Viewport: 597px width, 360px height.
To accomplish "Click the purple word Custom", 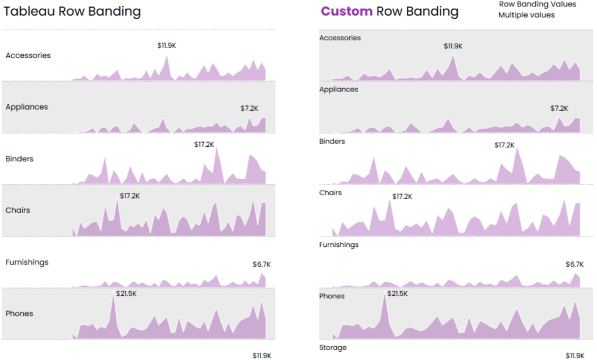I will pyautogui.click(x=346, y=11).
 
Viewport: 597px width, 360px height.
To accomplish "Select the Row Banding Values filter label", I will pyautogui.click(x=537, y=4).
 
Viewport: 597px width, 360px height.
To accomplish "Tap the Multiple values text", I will pyautogui.click(x=526, y=15).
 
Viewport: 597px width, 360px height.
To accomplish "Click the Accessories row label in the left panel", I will pyautogui.click(x=28, y=55).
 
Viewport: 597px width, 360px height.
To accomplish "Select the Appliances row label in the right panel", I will pyautogui.click(x=339, y=89).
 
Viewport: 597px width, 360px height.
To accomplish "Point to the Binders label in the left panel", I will pyautogui.click(x=19, y=158).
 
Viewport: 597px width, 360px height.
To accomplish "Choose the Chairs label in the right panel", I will pyautogui.click(x=331, y=192).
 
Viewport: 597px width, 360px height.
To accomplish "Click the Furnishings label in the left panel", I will pyautogui.click(x=27, y=262).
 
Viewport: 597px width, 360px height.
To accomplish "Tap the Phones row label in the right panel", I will pyautogui.click(x=332, y=296).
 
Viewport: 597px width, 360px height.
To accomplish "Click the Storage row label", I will pyautogui.click(x=333, y=347).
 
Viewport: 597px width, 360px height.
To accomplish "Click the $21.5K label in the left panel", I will pyautogui.click(x=126, y=294).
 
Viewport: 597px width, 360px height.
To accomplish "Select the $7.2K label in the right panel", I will pyautogui.click(x=559, y=108).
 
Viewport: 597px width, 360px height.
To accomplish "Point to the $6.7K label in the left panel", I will pyautogui.click(x=261, y=264).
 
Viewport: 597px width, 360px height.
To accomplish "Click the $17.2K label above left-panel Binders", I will pyautogui.click(x=204, y=144).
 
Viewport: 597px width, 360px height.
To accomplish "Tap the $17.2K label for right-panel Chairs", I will pyautogui.click(x=402, y=196).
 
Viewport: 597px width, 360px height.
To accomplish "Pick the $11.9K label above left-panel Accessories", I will pyautogui.click(x=167, y=45).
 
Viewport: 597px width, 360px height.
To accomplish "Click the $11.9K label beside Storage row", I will pyautogui.click(x=575, y=355).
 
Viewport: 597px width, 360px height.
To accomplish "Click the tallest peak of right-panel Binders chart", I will pyautogui.click(x=517, y=149).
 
